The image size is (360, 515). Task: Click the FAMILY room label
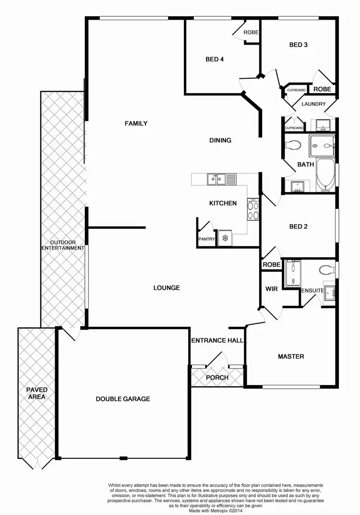pyautogui.click(x=136, y=123)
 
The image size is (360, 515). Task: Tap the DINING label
pyautogui.click(x=220, y=141)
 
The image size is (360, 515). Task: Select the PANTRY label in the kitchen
pyautogui.click(x=206, y=239)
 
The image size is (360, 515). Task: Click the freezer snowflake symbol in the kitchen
pyautogui.click(x=225, y=238)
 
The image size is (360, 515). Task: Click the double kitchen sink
pyautogui.click(x=216, y=180)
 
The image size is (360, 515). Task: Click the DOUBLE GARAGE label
pyautogui.click(x=123, y=399)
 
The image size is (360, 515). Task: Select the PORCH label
pyautogui.click(x=217, y=377)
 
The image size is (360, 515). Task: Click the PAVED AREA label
pyautogui.click(x=36, y=393)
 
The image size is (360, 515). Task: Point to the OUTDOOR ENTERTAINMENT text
pyautogui.click(x=63, y=245)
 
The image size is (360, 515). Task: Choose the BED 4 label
pyautogui.click(x=215, y=60)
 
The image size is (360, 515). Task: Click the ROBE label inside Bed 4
pyautogui.click(x=251, y=33)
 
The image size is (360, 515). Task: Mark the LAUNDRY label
pyautogui.click(x=313, y=104)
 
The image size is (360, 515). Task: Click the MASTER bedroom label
pyautogui.click(x=291, y=357)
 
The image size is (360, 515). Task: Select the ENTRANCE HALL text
pyautogui.click(x=217, y=341)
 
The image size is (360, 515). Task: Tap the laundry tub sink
pyautogui.click(x=324, y=126)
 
